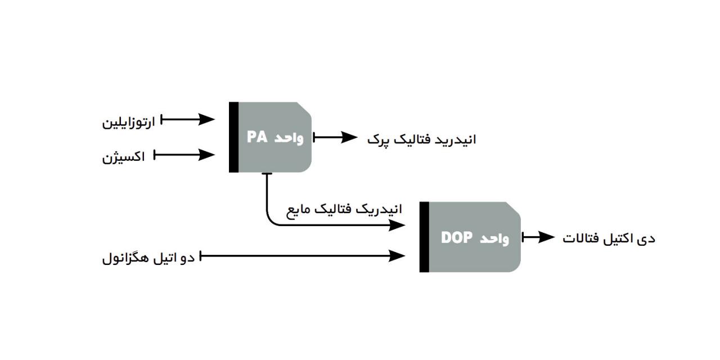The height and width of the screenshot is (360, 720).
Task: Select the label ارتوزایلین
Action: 128,121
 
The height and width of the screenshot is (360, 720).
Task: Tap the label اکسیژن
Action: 124,156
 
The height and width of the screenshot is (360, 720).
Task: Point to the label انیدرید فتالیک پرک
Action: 422,139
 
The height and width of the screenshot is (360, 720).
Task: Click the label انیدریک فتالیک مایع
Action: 345,210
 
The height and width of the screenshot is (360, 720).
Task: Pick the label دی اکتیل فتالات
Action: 609,238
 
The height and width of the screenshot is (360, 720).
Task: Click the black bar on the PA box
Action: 233,137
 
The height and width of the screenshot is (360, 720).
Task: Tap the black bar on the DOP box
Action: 424,237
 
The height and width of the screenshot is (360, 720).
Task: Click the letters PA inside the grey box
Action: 257,138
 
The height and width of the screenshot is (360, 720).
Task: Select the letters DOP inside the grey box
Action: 457,237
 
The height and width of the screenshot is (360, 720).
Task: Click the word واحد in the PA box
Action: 290,138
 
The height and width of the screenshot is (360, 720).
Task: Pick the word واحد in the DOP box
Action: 495,238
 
